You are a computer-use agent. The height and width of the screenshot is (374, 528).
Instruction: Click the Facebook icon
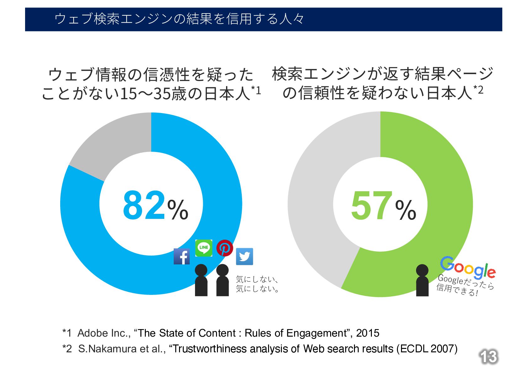182,256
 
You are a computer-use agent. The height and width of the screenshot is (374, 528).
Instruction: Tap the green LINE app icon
204,248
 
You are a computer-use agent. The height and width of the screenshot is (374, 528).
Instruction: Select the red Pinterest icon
224,248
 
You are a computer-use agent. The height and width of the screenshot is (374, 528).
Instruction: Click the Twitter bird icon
244,257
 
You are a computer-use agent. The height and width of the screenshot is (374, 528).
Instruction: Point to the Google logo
467,268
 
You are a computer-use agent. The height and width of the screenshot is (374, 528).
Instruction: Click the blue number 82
144,206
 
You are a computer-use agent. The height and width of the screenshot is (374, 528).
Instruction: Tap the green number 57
372,206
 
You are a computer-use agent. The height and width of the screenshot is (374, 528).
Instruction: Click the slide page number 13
488,357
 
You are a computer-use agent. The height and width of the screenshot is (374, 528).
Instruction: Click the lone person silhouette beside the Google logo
422,280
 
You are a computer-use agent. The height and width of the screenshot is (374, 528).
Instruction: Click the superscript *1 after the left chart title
256,90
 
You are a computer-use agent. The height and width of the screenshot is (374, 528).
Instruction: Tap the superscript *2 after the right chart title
478,90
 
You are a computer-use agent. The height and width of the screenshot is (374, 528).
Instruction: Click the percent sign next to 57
406,210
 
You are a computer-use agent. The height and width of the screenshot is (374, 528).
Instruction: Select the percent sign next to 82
178,210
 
